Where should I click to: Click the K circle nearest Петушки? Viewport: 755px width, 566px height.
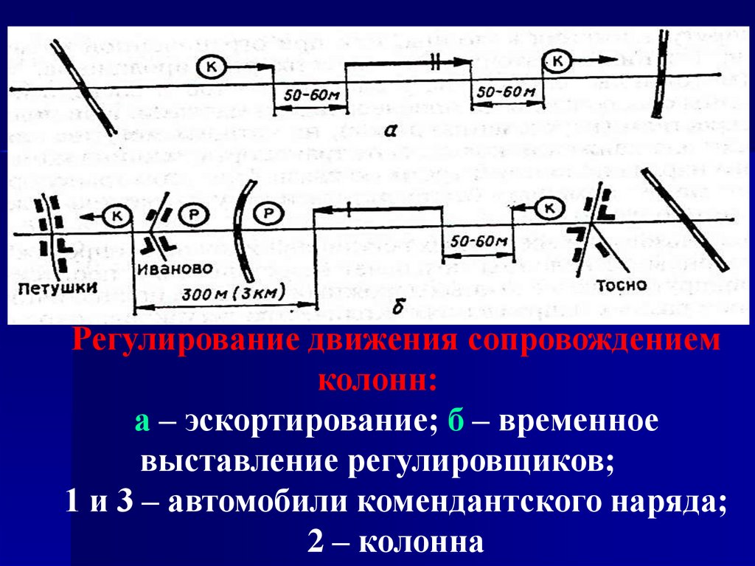pyautogui.click(x=116, y=215)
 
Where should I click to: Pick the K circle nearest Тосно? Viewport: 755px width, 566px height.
pyautogui.click(x=549, y=209)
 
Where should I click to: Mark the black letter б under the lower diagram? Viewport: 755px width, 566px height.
pyautogui.click(x=398, y=307)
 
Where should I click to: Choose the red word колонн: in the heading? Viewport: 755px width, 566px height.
pyautogui.click(x=377, y=381)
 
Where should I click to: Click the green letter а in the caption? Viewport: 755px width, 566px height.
pyautogui.click(x=142, y=423)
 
